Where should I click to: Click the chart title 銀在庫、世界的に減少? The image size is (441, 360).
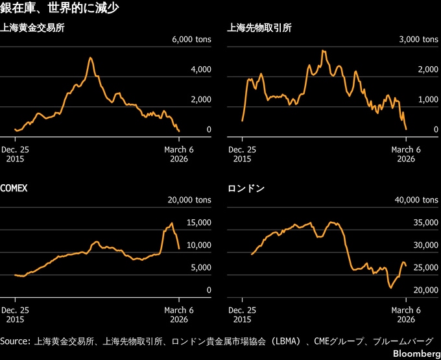[x=59, y=9]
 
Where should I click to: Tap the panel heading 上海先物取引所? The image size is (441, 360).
[x=259, y=28]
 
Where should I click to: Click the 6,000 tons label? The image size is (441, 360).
[x=191, y=40]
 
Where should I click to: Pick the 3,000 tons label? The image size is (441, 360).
[x=418, y=40]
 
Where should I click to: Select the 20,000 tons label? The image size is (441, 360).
[x=189, y=200]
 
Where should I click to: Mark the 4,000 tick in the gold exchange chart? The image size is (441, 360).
[x=200, y=69]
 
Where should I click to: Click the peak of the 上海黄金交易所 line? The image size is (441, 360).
[x=91, y=58]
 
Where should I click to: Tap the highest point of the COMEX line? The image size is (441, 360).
[x=172, y=224]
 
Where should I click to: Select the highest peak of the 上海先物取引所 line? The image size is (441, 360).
[x=322, y=50]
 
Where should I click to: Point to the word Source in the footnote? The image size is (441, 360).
[x=16, y=341]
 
